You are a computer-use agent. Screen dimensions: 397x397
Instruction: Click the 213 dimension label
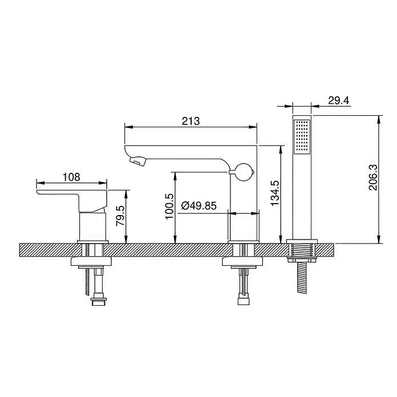click(191, 121)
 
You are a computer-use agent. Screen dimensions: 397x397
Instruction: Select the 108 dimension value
click(71, 177)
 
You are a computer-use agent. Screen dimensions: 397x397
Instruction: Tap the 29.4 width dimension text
click(338, 100)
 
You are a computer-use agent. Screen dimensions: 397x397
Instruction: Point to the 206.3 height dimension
click(372, 177)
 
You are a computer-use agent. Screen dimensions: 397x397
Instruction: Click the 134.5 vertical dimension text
click(275, 193)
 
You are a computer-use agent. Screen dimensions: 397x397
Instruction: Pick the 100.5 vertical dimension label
click(169, 206)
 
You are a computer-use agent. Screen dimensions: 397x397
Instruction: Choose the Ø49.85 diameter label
click(198, 205)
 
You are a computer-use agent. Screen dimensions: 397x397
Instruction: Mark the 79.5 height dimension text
click(120, 216)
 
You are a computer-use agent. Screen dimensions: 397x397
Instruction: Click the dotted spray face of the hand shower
click(302, 136)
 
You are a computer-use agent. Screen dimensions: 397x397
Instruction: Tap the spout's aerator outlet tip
click(137, 161)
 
